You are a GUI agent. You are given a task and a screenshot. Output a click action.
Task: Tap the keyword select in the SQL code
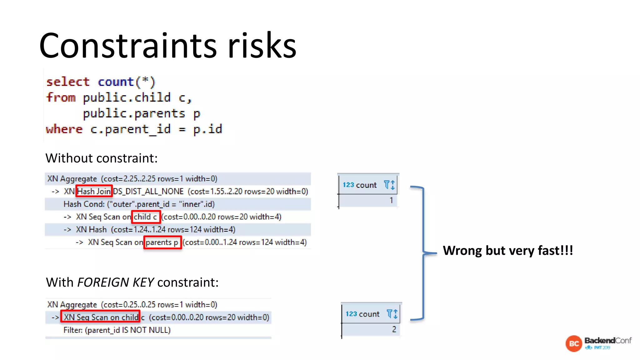(68, 82)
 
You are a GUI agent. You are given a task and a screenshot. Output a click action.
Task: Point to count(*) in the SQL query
(126, 82)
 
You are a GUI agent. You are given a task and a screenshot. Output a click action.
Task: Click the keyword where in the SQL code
(64, 129)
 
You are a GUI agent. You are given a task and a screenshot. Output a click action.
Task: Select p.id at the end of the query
(207, 129)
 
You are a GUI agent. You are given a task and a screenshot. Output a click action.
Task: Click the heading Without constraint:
(101, 158)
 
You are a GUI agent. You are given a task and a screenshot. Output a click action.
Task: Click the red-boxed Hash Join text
(94, 191)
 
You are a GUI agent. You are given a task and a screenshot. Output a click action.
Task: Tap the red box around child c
(146, 217)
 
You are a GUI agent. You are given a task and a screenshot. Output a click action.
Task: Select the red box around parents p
(162, 242)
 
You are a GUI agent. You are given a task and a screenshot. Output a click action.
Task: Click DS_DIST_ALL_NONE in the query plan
(148, 191)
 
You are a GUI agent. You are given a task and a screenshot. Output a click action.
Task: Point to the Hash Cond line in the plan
(139, 204)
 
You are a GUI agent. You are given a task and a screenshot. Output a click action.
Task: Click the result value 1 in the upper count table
(391, 200)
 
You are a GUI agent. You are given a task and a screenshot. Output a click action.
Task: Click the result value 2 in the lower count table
(394, 329)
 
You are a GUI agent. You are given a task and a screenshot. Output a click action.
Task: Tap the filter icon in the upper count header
(387, 184)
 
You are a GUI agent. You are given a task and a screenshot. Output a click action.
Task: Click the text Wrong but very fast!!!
(508, 251)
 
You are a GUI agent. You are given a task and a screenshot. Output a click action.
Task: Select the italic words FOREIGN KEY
(115, 282)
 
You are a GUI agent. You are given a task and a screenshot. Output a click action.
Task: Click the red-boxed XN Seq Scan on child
(100, 317)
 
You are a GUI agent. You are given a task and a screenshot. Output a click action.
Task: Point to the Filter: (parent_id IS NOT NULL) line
(117, 330)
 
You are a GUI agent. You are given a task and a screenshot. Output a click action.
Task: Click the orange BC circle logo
(574, 344)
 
